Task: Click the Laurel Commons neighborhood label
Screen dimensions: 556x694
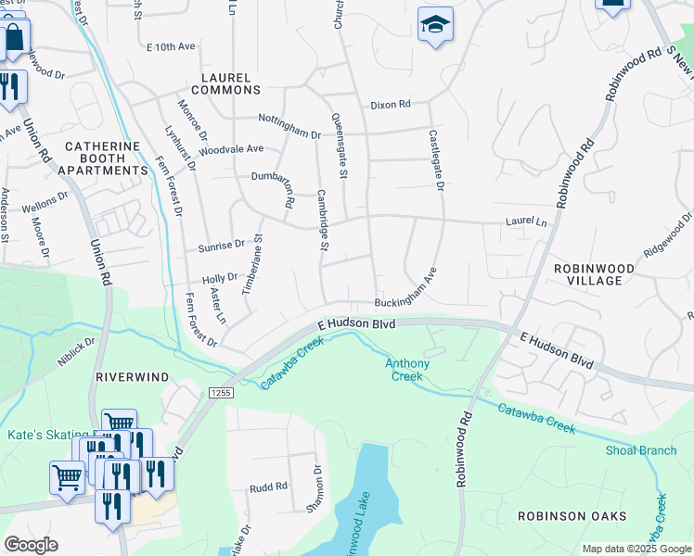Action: [225, 83]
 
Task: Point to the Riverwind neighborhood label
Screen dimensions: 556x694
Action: [130, 377]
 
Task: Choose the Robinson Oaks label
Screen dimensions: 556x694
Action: [572, 515]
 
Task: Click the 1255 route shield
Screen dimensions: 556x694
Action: [220, 393]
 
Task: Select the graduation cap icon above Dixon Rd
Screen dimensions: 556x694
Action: [434, 25]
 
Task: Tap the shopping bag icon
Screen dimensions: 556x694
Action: [15, 40]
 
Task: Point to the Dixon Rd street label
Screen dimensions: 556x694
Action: [390, 105]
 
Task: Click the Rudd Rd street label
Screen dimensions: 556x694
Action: [268, 486]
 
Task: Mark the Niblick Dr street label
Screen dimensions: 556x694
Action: [75, 353]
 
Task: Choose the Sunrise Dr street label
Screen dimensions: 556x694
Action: [221, 246]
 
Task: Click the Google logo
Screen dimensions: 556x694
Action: [31, 545]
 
